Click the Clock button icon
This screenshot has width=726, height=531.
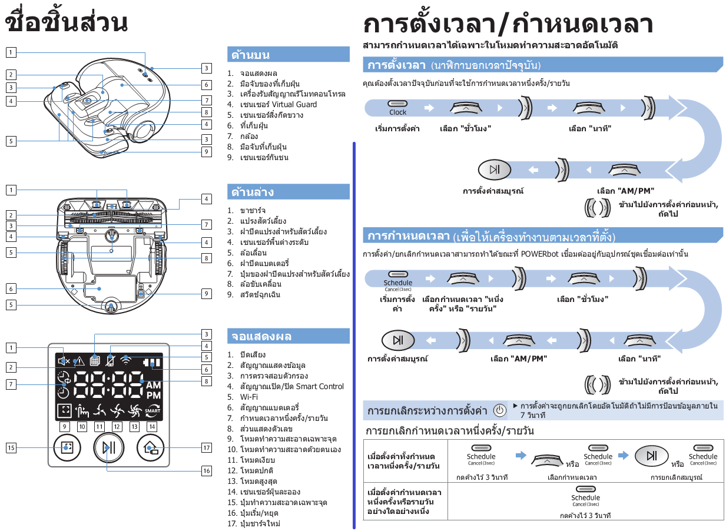click(x=397, y=104)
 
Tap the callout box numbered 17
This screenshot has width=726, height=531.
click(x=207, y=448)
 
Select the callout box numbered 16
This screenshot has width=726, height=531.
click(x=207, y=471)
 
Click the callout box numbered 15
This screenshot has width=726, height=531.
click(x=11, y=448)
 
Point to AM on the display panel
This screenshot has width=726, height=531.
click(x=153, y=385)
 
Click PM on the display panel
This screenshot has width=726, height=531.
click(x=153, y=396)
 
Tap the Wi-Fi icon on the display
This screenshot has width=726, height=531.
click(x=126, y=360)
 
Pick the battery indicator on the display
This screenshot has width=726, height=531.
click(x=152, y=362)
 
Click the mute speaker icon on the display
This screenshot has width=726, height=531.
click(x=64, y=361)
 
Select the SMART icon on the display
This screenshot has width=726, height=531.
click(x=153, y=411)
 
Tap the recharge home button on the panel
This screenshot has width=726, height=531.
click(x=150, y=448)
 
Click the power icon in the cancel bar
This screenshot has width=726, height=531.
click(x=500, y=410)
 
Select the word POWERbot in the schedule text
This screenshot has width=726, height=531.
click(x=539, y=254)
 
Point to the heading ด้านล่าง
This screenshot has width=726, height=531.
click(x=253, y=192)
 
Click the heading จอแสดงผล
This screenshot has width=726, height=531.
click(x=261, y=336)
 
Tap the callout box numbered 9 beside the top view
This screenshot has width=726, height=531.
click(x=207, y=152)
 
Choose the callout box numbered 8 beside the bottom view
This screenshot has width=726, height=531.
click(x=207, y=258)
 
